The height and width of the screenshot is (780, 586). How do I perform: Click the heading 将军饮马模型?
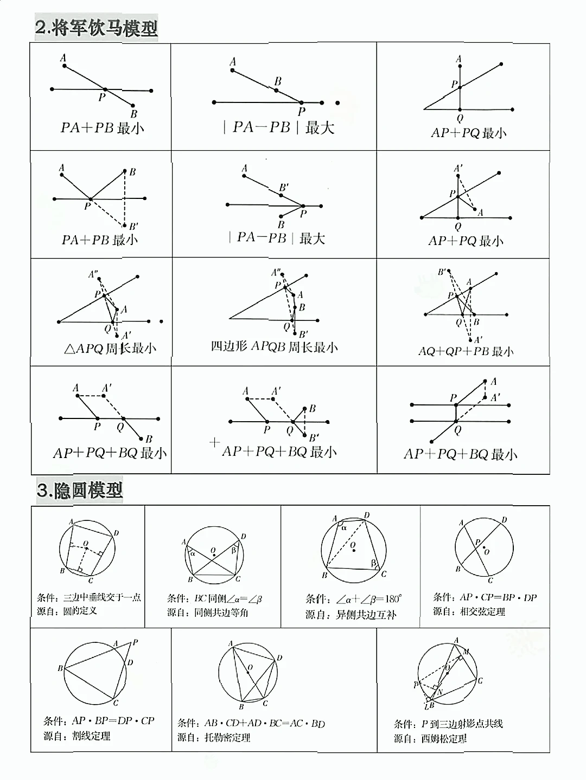pyautogui.click(x=97, y=28)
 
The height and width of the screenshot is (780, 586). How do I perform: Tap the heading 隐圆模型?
pyautogui.click(x=80, y=491)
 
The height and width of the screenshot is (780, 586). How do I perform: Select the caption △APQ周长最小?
pyautogui.click(x=110, y=349)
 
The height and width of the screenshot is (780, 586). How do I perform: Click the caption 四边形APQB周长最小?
pyautogui.click(x=274, y=347)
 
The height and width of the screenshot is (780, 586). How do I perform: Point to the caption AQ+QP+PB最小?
pyautogui.click(x=466, y=351)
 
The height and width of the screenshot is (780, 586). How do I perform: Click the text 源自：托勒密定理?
pyautogui.click(x=214, y=738)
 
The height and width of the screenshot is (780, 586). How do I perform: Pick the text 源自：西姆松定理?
pyautogui.click(x=430, y=739)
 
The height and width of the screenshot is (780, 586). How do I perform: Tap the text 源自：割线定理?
pyautogui.click(x=77, y=736)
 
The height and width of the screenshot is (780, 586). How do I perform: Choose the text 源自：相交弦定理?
pyautogui.click(x=469, y=612)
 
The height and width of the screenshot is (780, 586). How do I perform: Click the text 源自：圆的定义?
pyautogui.click(x=67, y=611)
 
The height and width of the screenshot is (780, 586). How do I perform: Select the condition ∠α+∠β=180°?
pyautogui.click(x=353, y=599)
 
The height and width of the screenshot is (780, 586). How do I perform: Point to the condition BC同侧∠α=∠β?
pyautogui.click(x=214, y=599)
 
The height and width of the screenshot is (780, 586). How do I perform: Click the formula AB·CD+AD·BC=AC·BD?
pyautogui.click(x=264, y=724)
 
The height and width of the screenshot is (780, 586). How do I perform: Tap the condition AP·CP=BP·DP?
pyautogui.click(x=485, y=597)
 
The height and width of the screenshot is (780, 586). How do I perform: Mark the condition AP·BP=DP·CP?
pyautogui.click(x=99, y=721)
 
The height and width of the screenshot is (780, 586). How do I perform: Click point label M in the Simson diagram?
pyautogui.click(x=466, y=652)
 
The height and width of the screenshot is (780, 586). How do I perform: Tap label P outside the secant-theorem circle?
pyautogui.click(x=135, y=642)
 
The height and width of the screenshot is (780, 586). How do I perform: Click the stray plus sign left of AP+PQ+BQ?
pyautogui.click(x=214, y=443)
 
